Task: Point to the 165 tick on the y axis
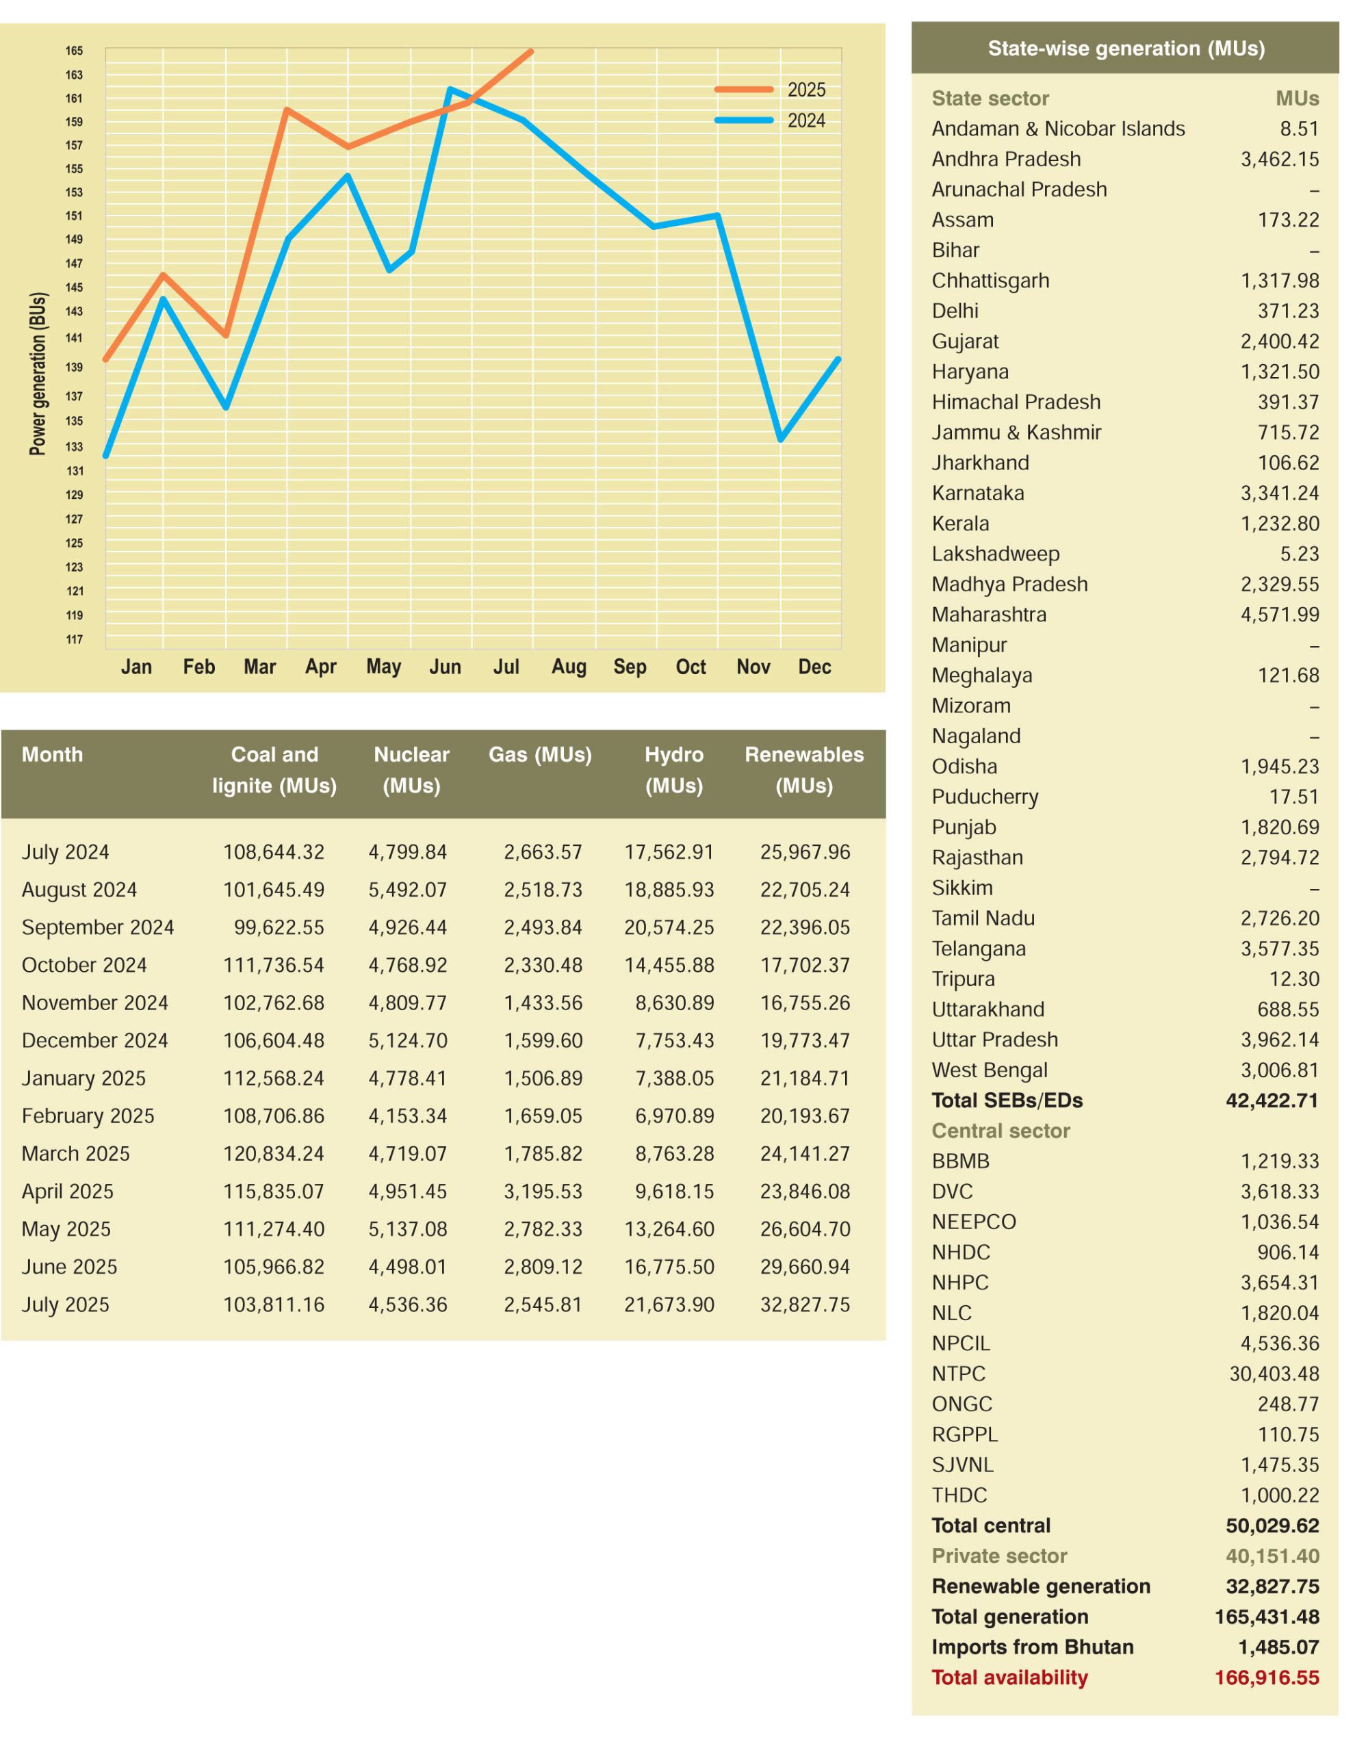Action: coord(74,51)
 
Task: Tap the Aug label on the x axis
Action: coord(568,667)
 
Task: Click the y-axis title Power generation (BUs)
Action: coord(38,374)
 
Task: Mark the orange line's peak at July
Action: coord(531,51)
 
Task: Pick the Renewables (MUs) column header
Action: coord(804,769)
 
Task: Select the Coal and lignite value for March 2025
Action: coord(274,1154)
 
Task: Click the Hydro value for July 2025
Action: coord(669,1304)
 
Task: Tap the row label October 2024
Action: coord(84,965)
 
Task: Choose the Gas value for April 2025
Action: coord(543,1191)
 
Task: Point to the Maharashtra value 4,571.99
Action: coord(1280,615)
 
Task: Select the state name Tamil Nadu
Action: coord(983,918)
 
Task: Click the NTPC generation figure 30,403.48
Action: coord(1274,1374)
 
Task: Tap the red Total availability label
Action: coord(1009,1677)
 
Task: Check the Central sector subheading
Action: coord(1001,1131)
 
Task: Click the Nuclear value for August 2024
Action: coord(408,890)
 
